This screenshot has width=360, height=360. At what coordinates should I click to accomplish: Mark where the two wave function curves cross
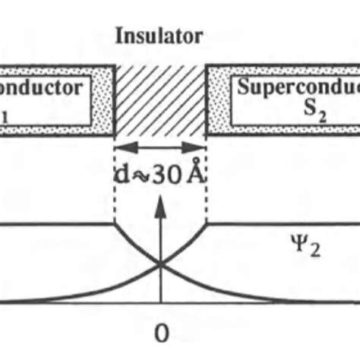tap(160, 265)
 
